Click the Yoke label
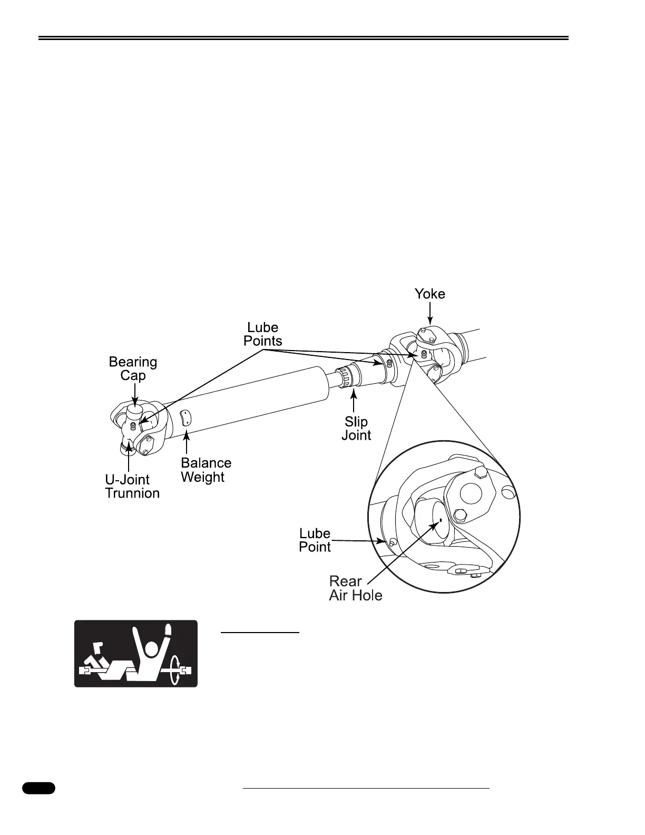point(429,294)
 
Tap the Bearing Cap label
point(133,368)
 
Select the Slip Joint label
point(356,428)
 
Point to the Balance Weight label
point(206,470)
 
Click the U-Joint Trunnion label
point(132,486)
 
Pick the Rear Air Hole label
point(355,588)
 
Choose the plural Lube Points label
point(262,334)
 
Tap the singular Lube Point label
point(315,540)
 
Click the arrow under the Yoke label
point(430,316)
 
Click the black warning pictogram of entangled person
point(135,653)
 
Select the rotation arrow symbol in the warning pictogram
point(175,671)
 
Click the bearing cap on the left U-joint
point(135,411)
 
